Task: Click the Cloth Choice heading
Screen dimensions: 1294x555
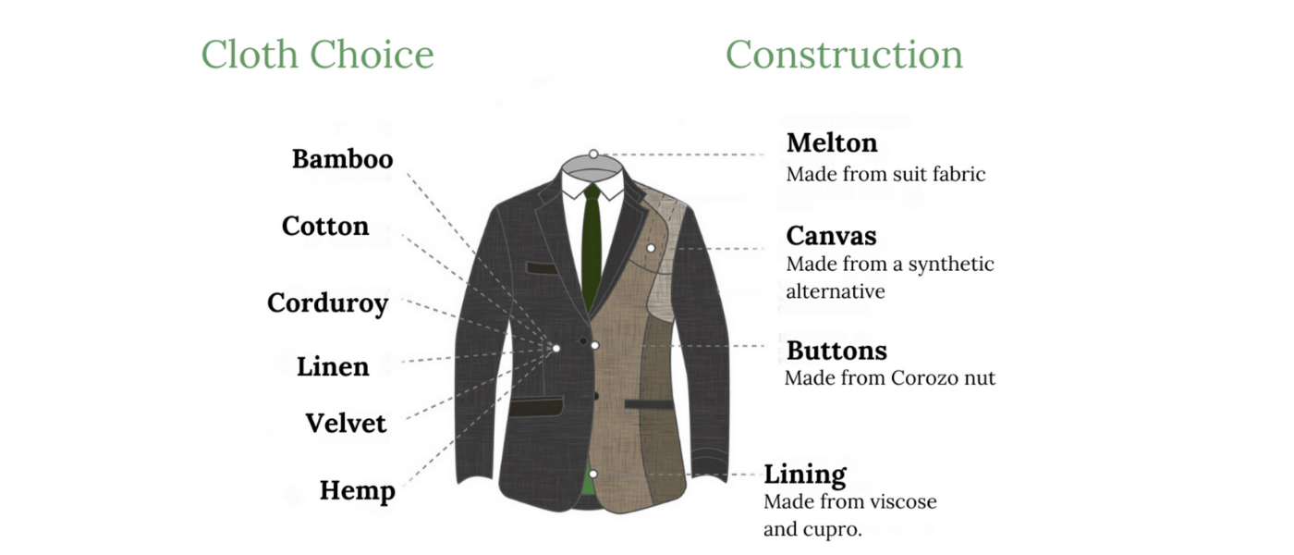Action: click(x=317, y=55)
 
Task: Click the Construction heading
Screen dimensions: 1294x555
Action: click(x=844, y=55)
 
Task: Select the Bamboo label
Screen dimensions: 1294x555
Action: click(x=343, y=159)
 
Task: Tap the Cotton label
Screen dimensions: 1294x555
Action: click(x=325, y=226)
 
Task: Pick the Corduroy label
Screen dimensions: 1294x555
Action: click(x=327, y=303)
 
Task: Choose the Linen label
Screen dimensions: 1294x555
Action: click(x=333, y=366)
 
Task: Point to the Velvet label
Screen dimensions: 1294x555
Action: click(x=346, y=424)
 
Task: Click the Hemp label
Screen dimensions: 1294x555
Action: click(x=358, y=491)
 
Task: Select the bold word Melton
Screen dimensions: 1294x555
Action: click(x=832, y=142)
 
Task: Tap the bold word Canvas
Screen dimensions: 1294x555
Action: click(x=831, y=236)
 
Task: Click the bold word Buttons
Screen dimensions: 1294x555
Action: click(x=836, y=351)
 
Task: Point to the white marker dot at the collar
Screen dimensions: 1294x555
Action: click(x=593, y=154)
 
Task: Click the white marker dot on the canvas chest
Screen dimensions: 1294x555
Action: click(x=651, y=248)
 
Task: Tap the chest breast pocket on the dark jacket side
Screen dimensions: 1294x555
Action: click(x=542, y=268)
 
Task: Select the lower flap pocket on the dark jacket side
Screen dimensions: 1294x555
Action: click(x=536, y=406)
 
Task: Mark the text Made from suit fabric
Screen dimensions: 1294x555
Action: click(x=885, y=174)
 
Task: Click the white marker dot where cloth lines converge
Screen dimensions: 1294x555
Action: click(x=556, y=348)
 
